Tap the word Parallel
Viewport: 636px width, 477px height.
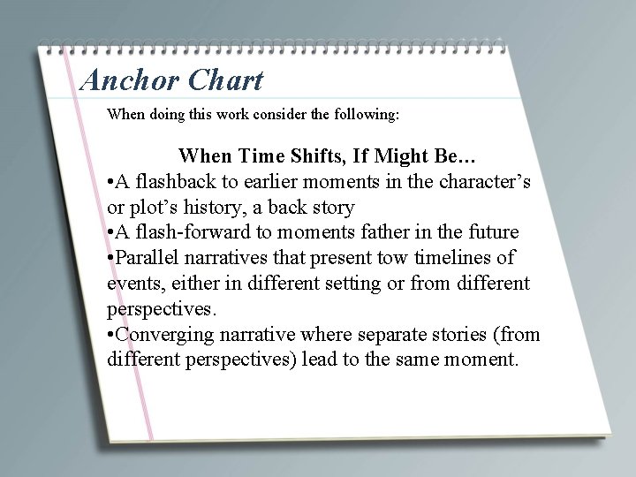point(151,259)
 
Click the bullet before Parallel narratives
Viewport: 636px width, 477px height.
point(110,259)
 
